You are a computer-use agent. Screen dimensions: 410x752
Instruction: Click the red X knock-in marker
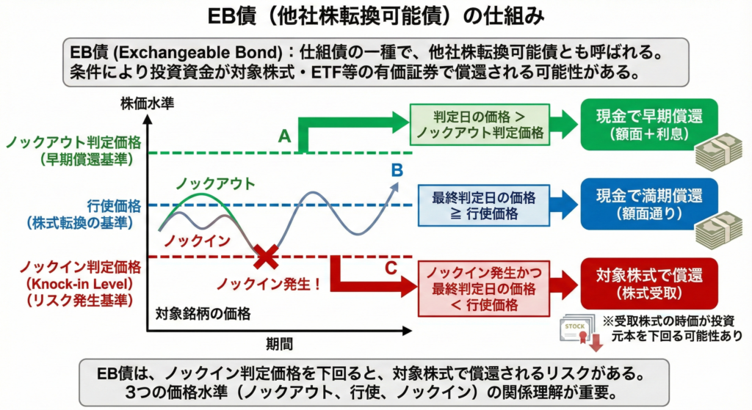pos(266,256)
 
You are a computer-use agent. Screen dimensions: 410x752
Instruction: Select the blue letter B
pos(397,170)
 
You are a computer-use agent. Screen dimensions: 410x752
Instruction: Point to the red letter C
pos(391,268)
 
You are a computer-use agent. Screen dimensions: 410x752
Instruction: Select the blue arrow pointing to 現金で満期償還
pos(563,205)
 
